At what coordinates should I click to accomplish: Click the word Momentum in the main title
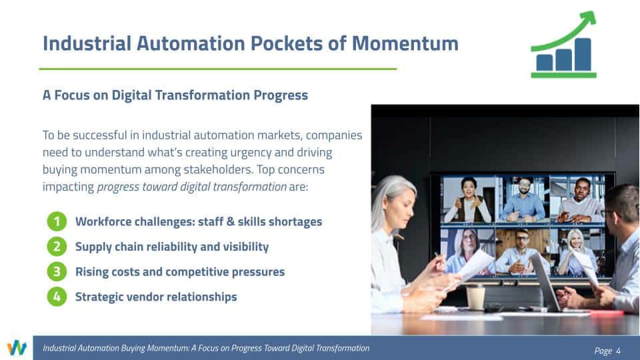pyautogui.click(x=405, y=44)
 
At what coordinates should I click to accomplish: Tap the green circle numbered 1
pyautogui.click(x=57, y=221)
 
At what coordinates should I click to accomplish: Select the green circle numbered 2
pyautogui.click(x=57, y=247)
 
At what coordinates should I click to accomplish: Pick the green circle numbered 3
pyautogui.click(x=57, y=272)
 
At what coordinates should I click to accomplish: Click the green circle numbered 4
pyautogui.click(x=57, y=297)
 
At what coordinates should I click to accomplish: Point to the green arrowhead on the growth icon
pyautogui.click(x=588, y=19)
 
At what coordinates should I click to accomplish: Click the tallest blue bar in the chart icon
pyautogui.click(x=583, y=55)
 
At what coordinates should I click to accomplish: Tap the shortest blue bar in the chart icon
pyautogui.click(x=545, y=63)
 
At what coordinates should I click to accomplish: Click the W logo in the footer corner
pyautogui.click(x=17, y=348)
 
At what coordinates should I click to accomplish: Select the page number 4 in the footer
pyautogui.click(x=619, y=351)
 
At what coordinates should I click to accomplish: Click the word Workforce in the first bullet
pyautogui.click(x=103, y=221)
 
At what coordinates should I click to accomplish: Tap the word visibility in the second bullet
pyautogui.click(x=246, y=247)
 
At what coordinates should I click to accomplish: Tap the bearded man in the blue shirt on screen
pyautogui.click(x=524, y=199)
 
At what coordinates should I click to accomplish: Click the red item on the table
pyautogui.click(x=607, y=313)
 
